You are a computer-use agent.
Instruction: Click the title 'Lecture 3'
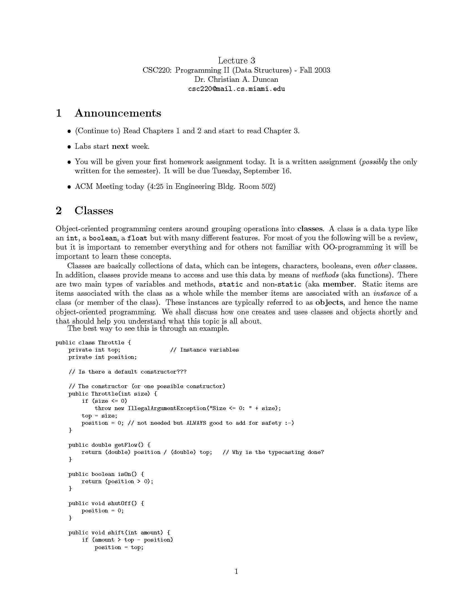click(x=236, y=61)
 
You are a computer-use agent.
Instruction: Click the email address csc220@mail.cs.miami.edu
click(x=236, y=89)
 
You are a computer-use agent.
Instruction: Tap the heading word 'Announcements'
click(x=118, y=113)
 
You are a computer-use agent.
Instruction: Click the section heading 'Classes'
click(x=93, y=211)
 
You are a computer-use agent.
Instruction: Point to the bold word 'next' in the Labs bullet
click(x=120, y=147)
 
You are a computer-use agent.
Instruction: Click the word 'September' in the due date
click(x=262, y=171)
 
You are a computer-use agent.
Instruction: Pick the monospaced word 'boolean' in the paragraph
click(x=103, y=238)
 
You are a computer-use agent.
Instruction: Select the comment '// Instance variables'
click(x=204, y=350)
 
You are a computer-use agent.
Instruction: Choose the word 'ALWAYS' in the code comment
click(x=196, y=423)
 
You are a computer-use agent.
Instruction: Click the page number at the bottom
click(x=236, y=571)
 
